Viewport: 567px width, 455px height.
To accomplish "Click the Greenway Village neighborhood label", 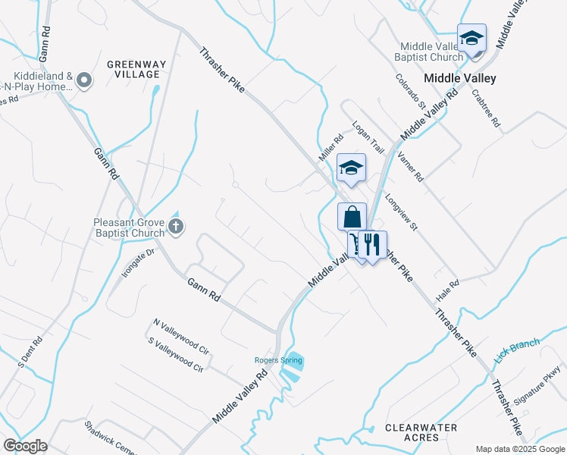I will (133, 69).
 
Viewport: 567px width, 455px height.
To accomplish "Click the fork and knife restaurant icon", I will (371, 244).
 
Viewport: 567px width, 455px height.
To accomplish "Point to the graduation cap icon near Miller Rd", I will (351, 168).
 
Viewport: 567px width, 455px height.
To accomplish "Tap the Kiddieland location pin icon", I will (84, 79).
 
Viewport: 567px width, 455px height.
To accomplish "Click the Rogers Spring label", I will (277, 359).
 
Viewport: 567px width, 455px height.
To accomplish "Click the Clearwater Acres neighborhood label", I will (421, 432).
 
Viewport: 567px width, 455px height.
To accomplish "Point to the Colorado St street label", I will (406, 91).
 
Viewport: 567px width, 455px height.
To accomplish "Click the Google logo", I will (25, 446).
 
